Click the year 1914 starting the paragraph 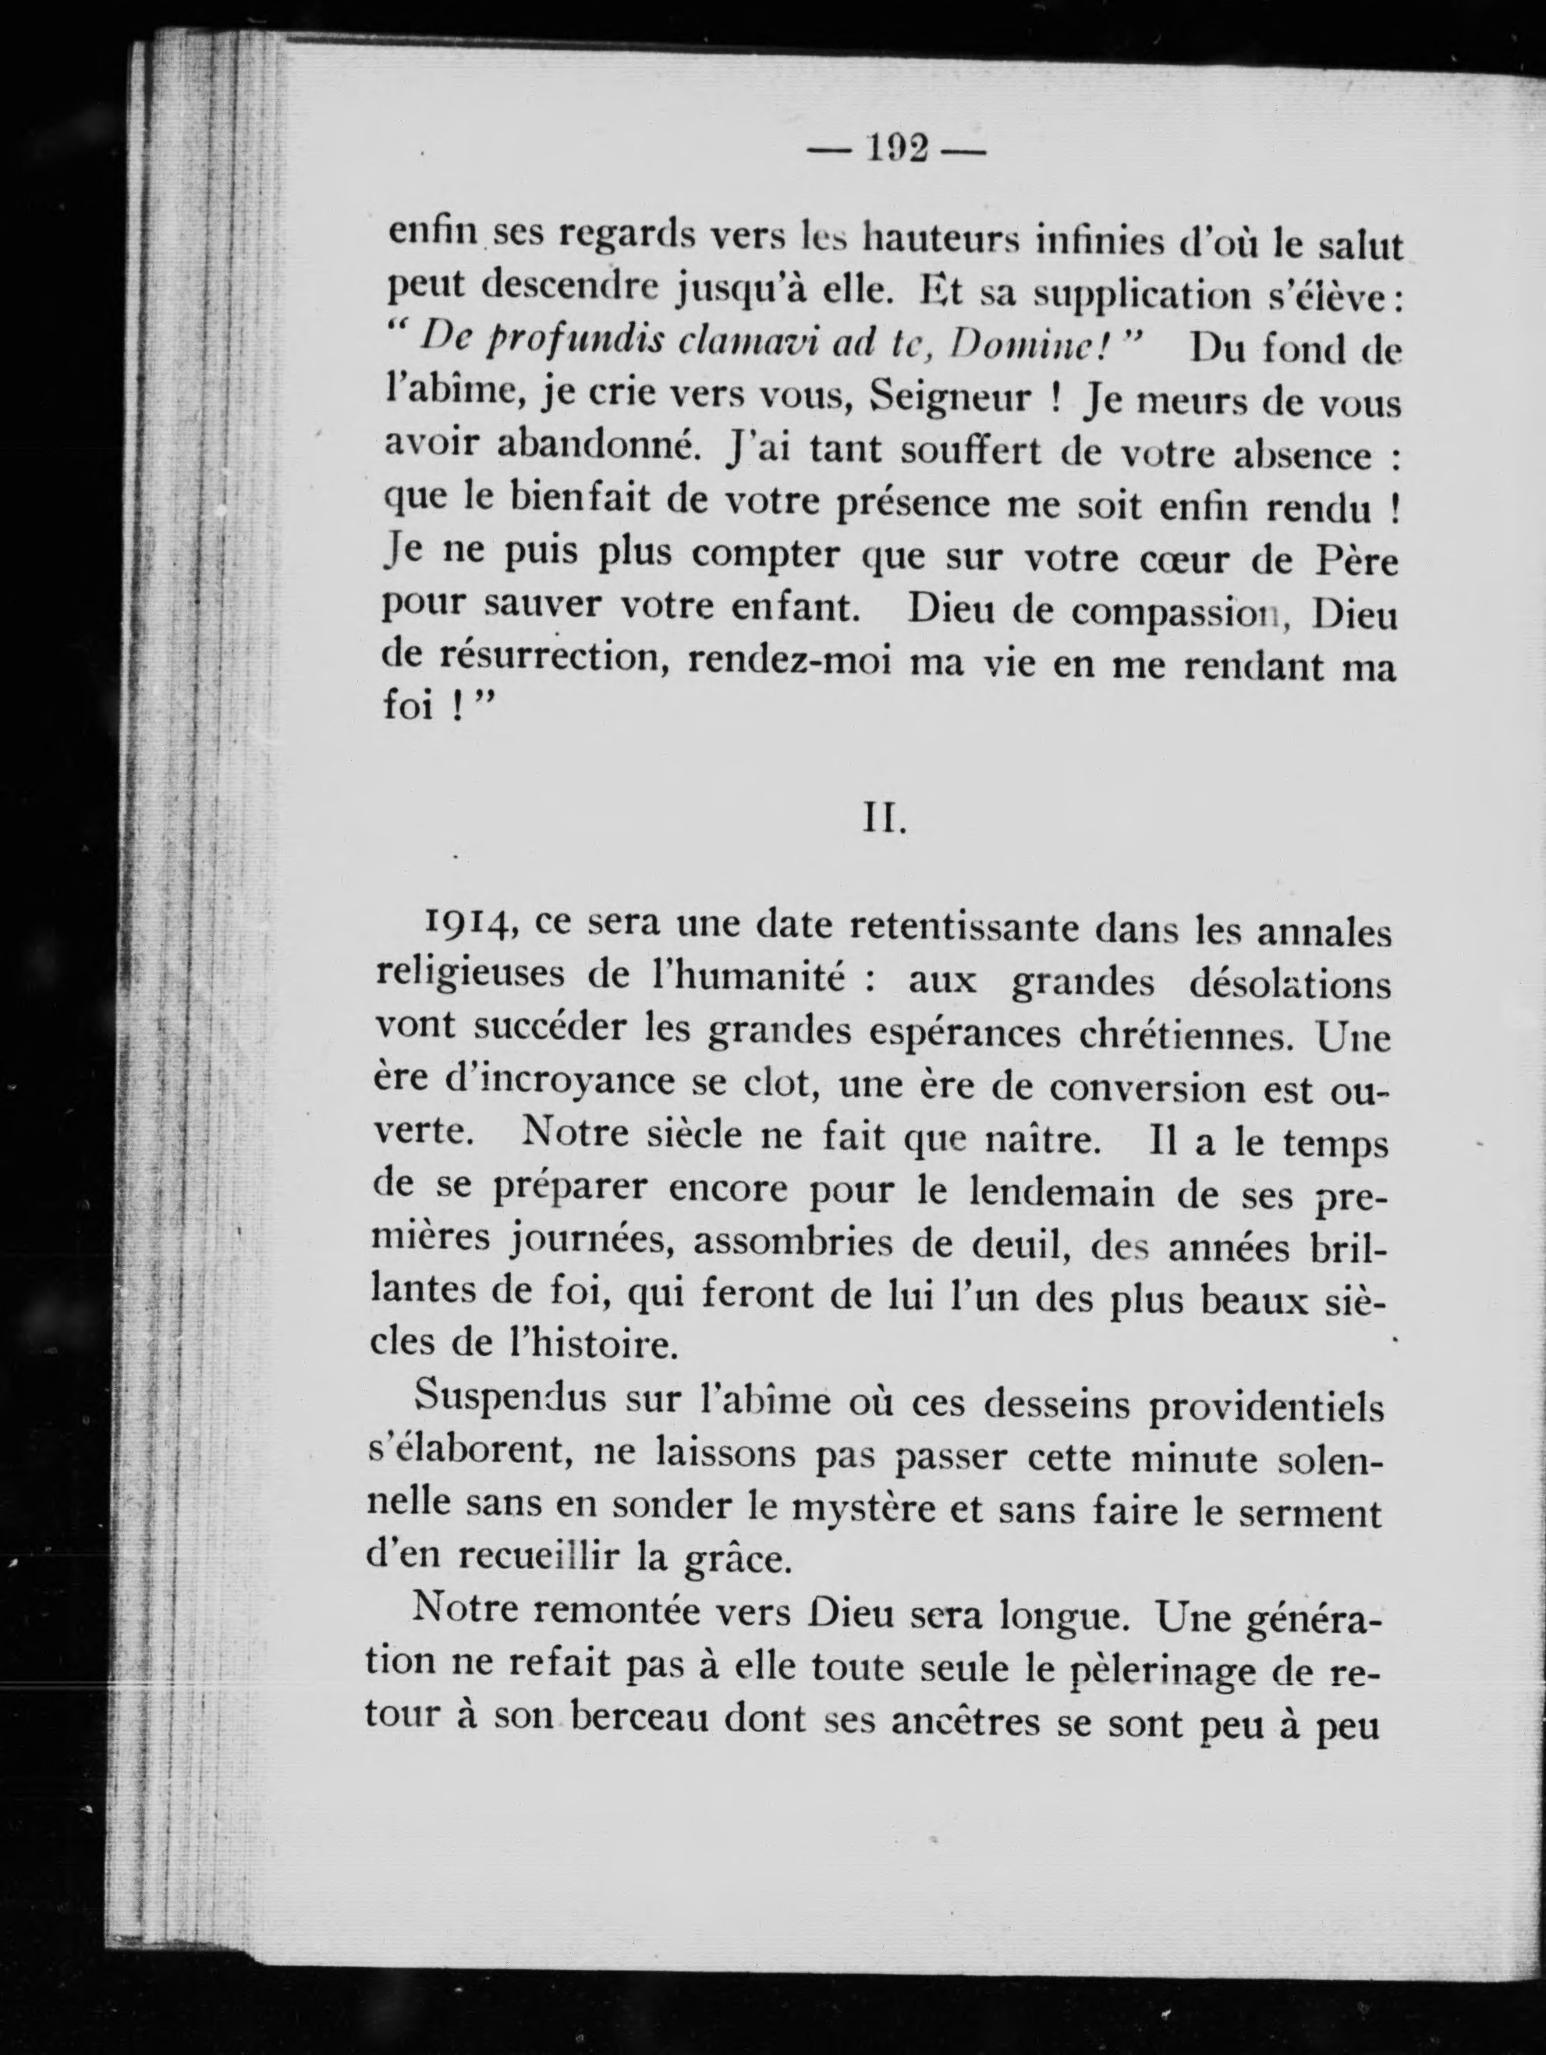pyautogui.click(x=465, y=922)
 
